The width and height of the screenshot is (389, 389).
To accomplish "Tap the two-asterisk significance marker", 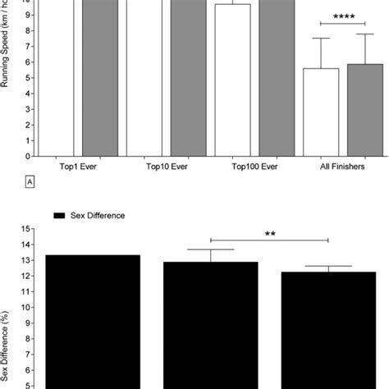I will (x=270, y=234).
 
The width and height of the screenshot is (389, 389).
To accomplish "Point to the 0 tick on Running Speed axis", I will (x=29, y=155).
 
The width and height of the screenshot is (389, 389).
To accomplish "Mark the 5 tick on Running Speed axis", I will (x=29, y=77).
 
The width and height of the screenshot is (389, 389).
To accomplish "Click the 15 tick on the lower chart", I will (x=27, y=229).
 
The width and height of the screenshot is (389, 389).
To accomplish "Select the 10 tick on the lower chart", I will (x=27, y=307).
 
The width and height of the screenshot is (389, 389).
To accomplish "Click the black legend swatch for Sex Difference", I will (x=58, y=214).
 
